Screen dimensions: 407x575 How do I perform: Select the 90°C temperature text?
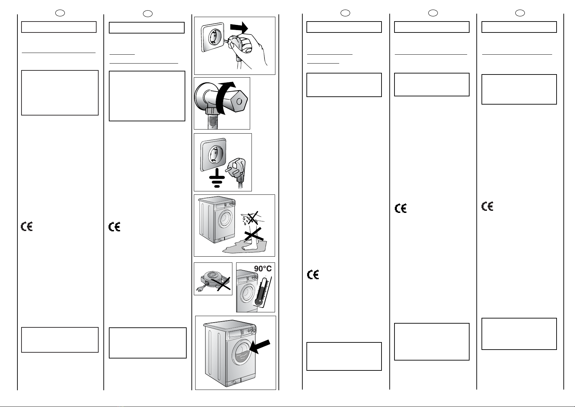click(263, 269)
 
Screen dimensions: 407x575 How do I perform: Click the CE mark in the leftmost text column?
click(27, 227)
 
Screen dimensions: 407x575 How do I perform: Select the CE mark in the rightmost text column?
click(487, 206)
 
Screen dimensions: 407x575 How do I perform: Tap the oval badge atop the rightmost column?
click(520, 13)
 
